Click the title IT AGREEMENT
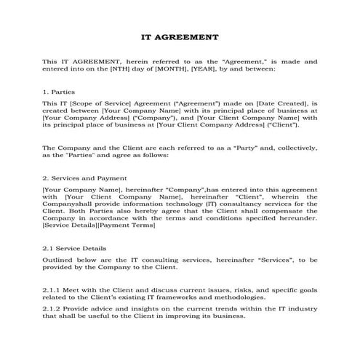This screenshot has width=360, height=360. [180, 36]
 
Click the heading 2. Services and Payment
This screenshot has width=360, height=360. [84, 177]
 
